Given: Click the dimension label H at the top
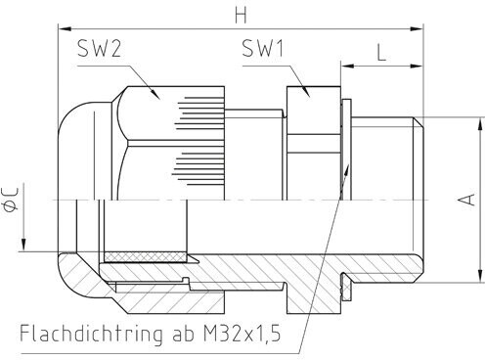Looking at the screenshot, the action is point(242,15).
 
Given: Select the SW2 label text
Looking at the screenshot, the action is point(99,49).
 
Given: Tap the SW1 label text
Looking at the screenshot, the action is point(263,48).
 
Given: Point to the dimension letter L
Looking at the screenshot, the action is point(381,53).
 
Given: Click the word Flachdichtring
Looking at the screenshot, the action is point(91,334).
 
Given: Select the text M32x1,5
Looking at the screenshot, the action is point(242,334).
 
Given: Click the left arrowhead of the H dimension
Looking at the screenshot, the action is point(65,29).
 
